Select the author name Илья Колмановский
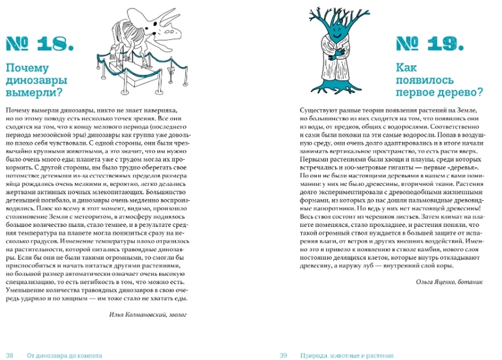click(125, 314)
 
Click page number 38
click(10, 355)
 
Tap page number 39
click(283, 355)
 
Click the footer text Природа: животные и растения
click(346, 355)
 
